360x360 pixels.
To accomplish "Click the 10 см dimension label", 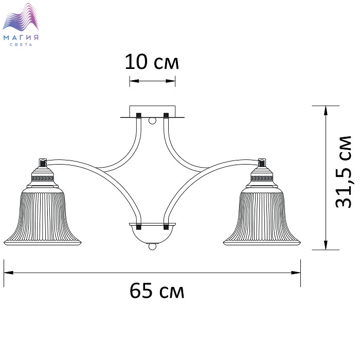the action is (x=152, y=62).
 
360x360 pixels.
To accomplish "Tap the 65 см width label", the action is (x=157, y=291).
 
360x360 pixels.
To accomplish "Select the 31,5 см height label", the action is (x=343, y=172).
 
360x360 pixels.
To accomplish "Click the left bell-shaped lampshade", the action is (x=43, y=216).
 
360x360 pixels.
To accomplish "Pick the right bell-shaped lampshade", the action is (x=262, y=216).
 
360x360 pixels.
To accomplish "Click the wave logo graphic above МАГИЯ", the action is (x=21, y=17).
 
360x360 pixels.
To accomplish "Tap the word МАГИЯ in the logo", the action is (x=21, y=38).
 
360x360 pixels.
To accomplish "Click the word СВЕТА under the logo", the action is (x=21, y=45).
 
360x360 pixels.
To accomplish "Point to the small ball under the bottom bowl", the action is (x=152, y=246).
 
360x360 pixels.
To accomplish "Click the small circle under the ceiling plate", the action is (x=152, y=120).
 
